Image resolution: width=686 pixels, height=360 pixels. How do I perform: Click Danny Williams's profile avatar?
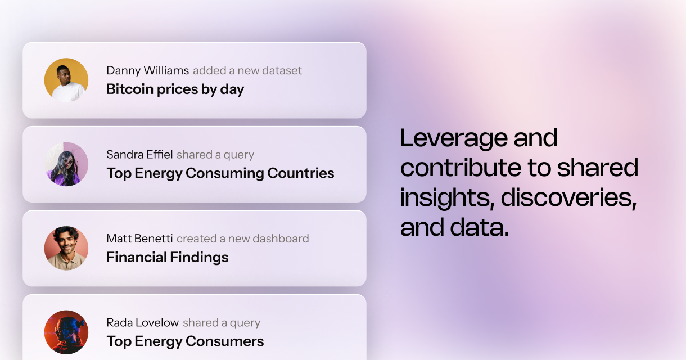(66, 80)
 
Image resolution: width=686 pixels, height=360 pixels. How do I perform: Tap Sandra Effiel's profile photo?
(66, 164)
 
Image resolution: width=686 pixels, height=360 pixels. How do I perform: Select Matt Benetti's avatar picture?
(66, 248)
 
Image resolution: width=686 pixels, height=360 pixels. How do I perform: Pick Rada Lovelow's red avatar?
(66, 332)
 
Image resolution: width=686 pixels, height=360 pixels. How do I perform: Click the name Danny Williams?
(148, 70)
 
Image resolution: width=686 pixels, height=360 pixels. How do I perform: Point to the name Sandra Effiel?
(139, 155)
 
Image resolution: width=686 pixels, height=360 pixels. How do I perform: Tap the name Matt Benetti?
(139, 238)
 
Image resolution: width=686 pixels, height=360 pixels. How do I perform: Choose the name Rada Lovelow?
(143, 322)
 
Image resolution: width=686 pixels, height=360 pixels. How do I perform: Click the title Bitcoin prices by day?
(175, 89)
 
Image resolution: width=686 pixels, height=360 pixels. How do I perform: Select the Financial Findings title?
(167, 258)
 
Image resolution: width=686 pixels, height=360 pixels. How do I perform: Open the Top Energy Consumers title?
(185, 341)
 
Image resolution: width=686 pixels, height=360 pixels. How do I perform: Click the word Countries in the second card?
(301, 173)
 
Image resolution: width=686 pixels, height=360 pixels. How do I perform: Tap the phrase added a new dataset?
(247, 70)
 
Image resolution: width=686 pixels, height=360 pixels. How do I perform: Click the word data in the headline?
(480, 227)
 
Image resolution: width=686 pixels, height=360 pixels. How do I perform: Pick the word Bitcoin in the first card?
(130, 89)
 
